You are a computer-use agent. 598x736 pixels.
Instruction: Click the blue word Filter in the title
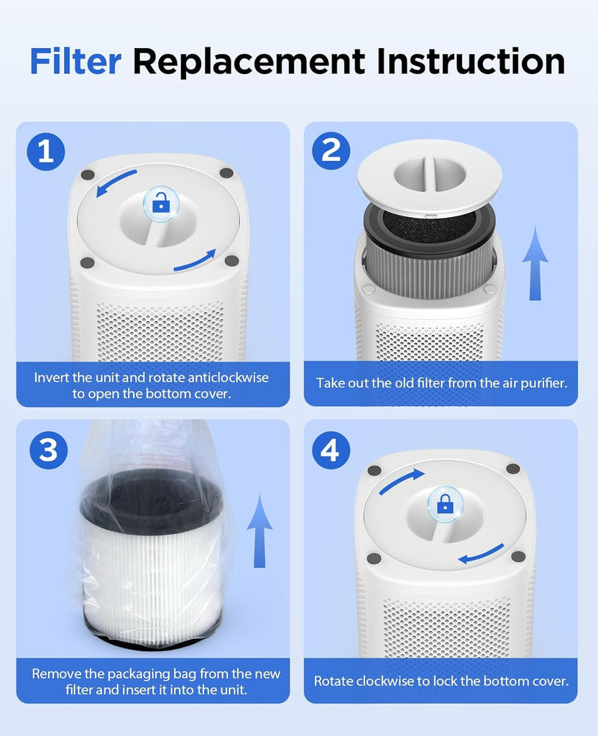75,61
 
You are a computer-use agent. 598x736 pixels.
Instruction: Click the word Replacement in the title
249,62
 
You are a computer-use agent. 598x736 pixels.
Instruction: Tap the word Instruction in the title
471,61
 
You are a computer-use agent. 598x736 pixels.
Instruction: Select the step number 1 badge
45,151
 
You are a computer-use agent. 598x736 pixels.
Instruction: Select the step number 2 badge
331,150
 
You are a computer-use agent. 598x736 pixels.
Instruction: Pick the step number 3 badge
48,450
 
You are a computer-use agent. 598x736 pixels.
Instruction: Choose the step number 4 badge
331,450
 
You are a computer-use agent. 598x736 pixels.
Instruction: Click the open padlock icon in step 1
160,203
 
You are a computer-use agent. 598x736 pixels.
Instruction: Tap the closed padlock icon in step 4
444,505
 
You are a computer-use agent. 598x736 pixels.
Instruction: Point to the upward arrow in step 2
535,263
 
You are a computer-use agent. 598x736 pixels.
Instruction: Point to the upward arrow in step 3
259,530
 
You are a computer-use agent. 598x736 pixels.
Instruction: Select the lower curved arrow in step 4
481,554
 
